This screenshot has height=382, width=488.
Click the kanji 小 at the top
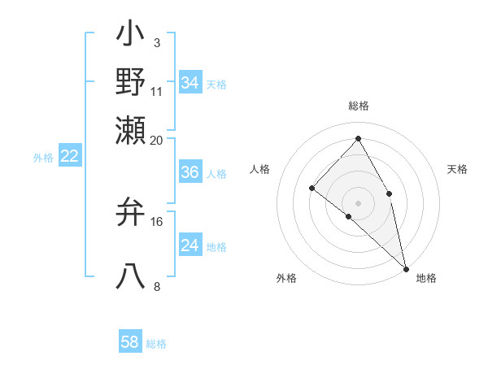coord(131,36)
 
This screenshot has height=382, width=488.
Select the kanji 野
coord(131,82)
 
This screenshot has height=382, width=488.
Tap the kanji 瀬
coord(131,130)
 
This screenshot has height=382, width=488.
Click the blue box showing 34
coord(190,83)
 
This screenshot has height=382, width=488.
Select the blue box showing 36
coord(190,173)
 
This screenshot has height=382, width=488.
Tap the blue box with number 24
coord(190,246)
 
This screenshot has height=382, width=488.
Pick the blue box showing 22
coord(69,156)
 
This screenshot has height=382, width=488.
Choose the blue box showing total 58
coord(130,342)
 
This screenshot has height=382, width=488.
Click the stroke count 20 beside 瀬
coord(156,140)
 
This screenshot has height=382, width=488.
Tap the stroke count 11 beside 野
coord(156,91)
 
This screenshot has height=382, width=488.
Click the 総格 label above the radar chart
coord(359,106)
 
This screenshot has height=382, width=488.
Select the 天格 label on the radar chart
coord(457,169)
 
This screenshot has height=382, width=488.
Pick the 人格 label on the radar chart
coord(260,169)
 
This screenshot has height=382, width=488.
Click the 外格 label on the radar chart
coord(286,278)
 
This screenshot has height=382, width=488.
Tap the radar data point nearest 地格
coord(406,268)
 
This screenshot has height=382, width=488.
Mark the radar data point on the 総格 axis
coord(359,138)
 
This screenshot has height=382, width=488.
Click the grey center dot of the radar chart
coord(359,202)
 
